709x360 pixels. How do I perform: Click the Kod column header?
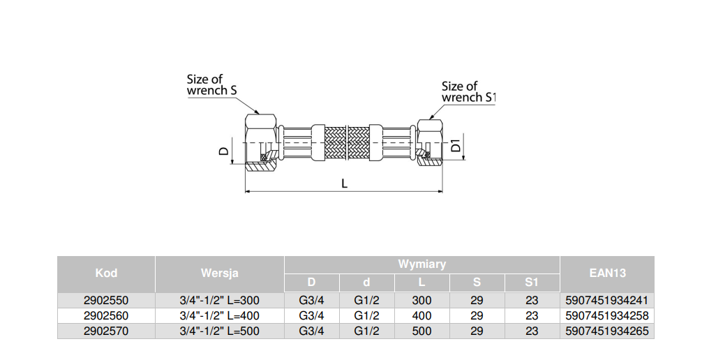coord(106,273)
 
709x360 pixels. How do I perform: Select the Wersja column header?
coord(220,273)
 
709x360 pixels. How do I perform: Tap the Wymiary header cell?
coord(421,264)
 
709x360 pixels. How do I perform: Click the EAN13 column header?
coord(607,273)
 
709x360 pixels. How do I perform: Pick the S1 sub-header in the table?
coord(532,283)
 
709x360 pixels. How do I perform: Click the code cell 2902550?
coord(106,300)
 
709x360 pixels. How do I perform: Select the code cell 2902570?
coord(106,331)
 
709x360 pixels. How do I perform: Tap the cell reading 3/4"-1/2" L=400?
coord(220,315)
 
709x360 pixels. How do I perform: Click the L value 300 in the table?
coord(421,300)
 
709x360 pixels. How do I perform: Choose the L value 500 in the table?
coord(421,331)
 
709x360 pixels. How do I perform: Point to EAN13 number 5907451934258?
coord(607,315)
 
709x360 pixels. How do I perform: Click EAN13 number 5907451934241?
coord(607,300)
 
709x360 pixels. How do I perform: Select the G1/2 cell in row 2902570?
coord(366,331)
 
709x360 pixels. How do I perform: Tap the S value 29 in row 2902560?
coord(477,315)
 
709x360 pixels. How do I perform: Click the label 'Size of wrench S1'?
coord(468,92)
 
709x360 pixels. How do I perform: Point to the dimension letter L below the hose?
coord(345,183)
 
